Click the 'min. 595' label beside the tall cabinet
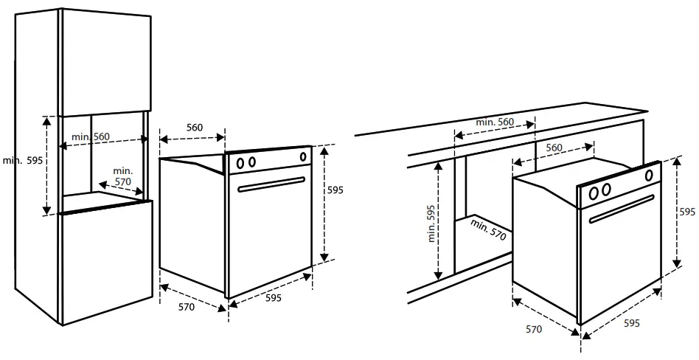point(23,161)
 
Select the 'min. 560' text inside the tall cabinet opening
point(91,137)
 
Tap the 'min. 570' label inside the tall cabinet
point(122,176)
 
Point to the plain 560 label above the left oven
point(194,128)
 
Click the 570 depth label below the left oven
point(187,307)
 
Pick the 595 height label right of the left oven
point(335,190)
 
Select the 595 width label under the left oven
point(274,298)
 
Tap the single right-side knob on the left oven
point(302,156)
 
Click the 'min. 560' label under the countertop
point(495,122)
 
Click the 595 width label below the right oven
point(632,324)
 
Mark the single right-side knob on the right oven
point(648,176)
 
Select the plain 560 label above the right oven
point(554,148)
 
